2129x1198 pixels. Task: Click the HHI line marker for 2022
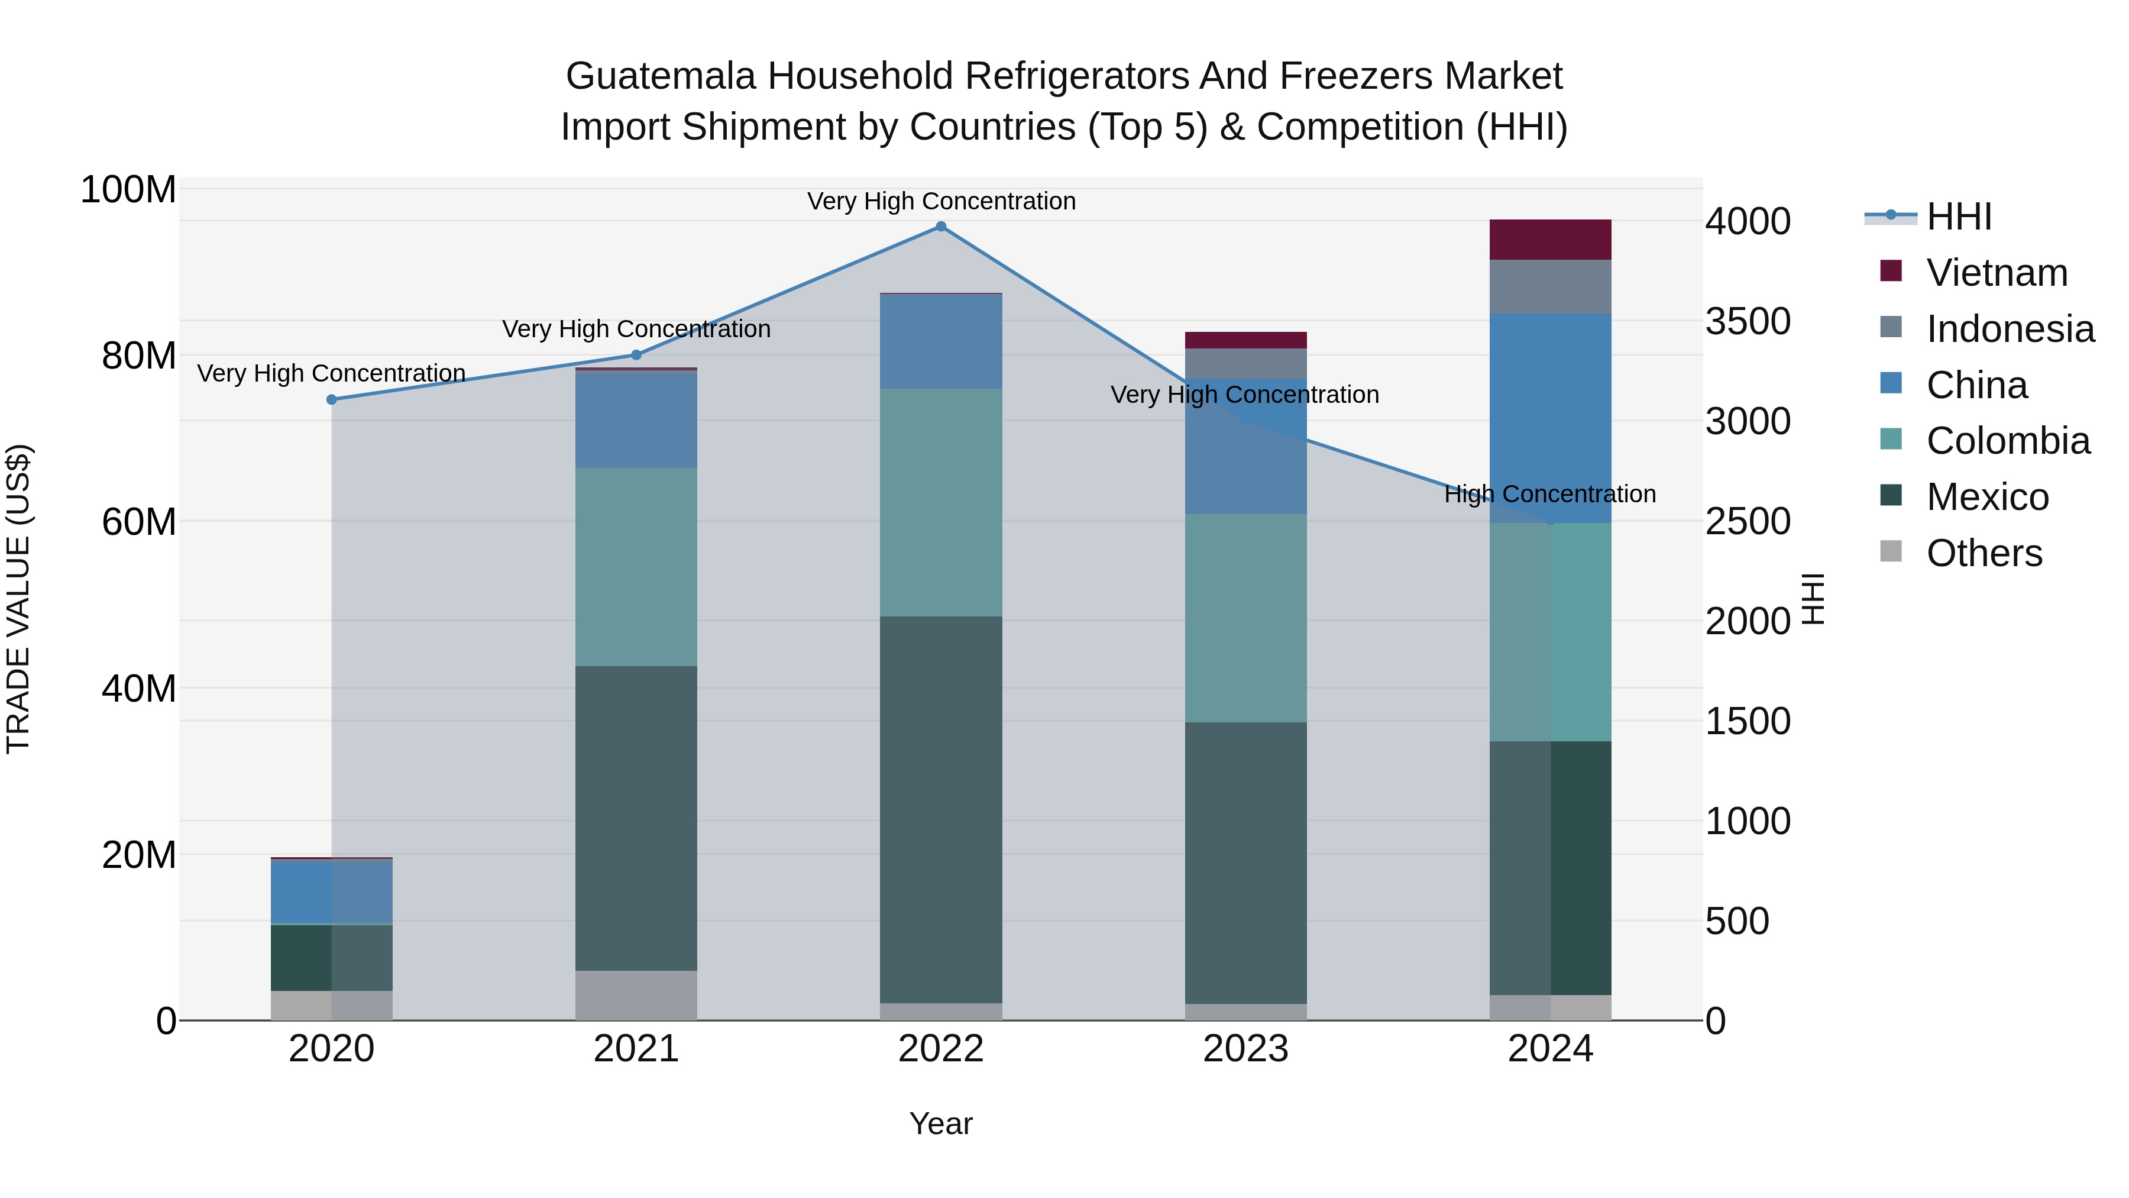940,227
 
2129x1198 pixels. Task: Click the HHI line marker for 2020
331,399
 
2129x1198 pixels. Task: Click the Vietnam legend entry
1996,273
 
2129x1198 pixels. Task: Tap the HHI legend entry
1958,217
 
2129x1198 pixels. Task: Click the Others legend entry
1984,553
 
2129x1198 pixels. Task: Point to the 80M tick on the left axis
138,356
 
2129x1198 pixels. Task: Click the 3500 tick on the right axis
1747,322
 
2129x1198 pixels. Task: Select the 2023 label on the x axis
1245,1049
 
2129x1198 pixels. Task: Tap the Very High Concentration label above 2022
940,201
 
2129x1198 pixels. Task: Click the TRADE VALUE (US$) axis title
18,599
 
